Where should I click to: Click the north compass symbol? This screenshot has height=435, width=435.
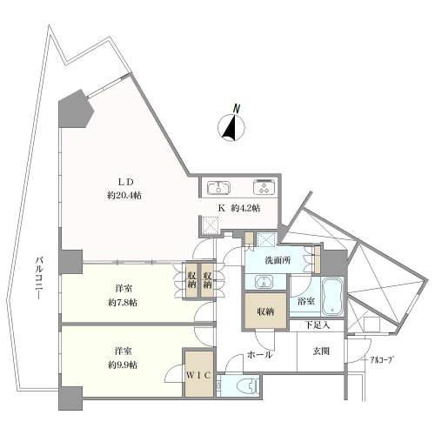click(x=231, y=127)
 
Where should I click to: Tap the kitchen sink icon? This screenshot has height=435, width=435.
click(x=219, y=187)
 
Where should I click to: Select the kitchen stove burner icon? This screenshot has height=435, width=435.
click(x=264, y=187)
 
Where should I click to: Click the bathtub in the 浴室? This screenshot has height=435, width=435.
click(x=332, y=297)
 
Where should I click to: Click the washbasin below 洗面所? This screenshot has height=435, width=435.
click(x=264, y=282)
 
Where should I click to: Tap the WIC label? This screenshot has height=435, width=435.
click(x=198, y=375)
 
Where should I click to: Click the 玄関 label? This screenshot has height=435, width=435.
click(x=321, y=351)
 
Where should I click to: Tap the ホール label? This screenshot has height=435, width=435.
click(x=259, y=355)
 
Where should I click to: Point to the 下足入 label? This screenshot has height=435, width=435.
click(x=318, y=325)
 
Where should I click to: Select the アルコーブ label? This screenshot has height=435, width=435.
click(x=383, y=360)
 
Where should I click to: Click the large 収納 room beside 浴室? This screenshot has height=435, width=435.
click(x=265, y=311)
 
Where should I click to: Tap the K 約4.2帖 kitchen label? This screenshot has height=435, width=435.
click(x=239, y=208)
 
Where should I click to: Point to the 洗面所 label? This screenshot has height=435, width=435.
click(x=278, y=260)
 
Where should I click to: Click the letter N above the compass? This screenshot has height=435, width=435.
click(x=237, y=109)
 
